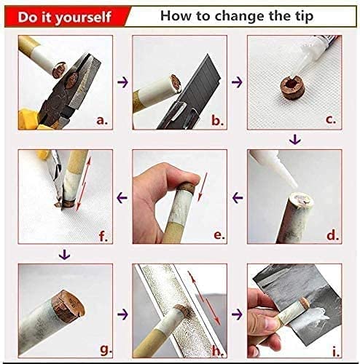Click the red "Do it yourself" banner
pos(65,17)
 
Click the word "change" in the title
pos(240,17)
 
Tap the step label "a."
pos(102,120)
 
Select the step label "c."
pos(331,120)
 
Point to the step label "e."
pos(219,235)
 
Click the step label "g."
pos(106,349)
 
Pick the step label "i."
pos(336,352)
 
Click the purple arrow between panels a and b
pos(122,82)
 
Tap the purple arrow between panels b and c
pos(237,82)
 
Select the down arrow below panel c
pos(295,140)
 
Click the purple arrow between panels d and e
pos(238,197)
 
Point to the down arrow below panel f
pos(65,255)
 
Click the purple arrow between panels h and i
pos(237,314)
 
